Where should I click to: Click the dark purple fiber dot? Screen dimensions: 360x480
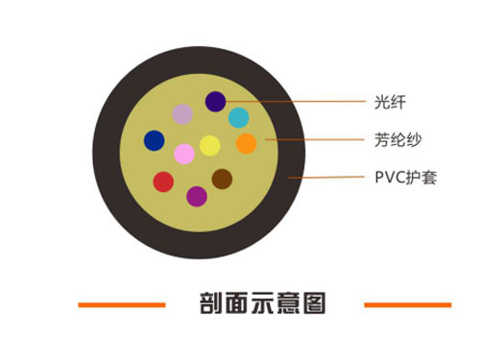pyautogui.click(x=215, y=101)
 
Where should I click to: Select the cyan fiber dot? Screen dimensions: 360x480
pyautogui.click(x=239, y=118)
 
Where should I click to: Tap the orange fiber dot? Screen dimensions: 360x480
pyautogui.click(x=246, y=144)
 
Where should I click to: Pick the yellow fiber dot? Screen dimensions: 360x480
pyautogui.click(x=209, y=146)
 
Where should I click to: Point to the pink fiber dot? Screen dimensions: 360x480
pyautogui.click(x=184, y=154)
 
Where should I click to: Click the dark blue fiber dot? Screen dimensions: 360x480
pyautogui.click(x=154, y=140)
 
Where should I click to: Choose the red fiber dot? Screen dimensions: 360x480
pyautogui.click(x=163, y=180)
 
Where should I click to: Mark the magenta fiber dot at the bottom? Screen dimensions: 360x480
pyautogui.click(x=197, y=196)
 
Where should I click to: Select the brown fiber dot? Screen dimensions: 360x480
pyautogui.click(x=222, y=179)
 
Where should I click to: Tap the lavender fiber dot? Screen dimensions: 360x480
pyautogui.click(x=182, y=114)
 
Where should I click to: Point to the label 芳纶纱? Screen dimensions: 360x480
pyautogui.click(x=392, y=139)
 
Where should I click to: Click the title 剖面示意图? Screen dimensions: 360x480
pyautogui.click(x=262, y=304)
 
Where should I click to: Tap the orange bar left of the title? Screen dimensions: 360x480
pyautogui.click(x=122, y=305)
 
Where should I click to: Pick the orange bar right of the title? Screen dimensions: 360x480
pyautogui.click(x=407, y=305)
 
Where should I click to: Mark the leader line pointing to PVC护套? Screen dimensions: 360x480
pyautogui.click(x=326, y=178)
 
